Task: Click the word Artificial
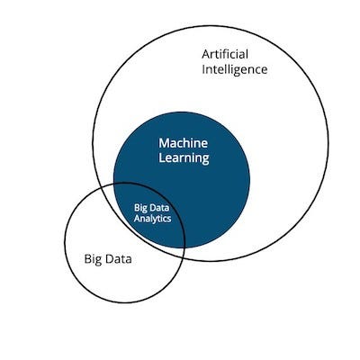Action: [x=225, y=54]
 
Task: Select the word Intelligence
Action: [x=235, y=70]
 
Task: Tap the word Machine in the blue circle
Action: [x=183, y=143]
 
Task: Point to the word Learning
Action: [x=184, y=158]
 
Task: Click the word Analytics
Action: [x=152, y=219]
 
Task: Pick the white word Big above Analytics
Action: [x=140, y=208]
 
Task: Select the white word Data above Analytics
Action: [x=159, y=208]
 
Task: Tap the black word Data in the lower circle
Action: [x=118, y=259]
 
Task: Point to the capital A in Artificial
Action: [x=206, y=55]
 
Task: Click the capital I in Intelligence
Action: [x=203, y=69]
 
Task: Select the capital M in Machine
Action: [x=165, y=143]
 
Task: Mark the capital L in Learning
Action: [x=162, y=157]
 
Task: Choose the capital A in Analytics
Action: [x=137, y=219]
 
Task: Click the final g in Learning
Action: [x=205, y=159]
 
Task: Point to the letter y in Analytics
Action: [x=157, y=220]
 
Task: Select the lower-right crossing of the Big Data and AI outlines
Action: [x=183, y=257]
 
